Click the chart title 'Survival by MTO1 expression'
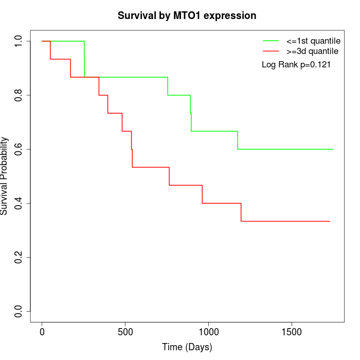[x=187, y=15]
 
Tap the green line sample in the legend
[x=271, y=40]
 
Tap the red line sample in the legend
[x=271, y=51]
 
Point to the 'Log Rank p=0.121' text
[x=296, y=65]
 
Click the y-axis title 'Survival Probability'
[x=5, y=176]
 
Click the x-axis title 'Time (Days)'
[x=187, y=347]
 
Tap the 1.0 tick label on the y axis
[x=19, y=41]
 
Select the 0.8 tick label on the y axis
[x=19, y=95]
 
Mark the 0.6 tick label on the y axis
[x=19, y=149]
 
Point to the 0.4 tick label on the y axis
[x=19, y=203]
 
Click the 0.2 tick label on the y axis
[x=19, y=257]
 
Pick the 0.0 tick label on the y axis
[x=19, y=311]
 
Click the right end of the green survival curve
[x=333, y=149]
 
